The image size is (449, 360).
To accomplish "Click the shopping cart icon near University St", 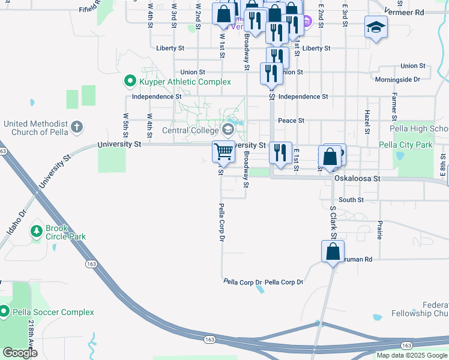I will coord(224,151).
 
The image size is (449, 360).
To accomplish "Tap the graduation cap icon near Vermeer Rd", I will coord(376,27).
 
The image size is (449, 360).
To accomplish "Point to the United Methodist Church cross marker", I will coord(76,127).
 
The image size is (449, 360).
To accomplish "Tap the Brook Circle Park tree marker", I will coord(37,230).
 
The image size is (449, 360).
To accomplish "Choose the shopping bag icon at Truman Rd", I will coord(333,252).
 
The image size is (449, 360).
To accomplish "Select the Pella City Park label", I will coord(406,145).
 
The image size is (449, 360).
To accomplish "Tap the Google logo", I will coord(20,353).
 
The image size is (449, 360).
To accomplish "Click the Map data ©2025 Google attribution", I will coord(412,355).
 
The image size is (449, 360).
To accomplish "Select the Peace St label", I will coord(291,121).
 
